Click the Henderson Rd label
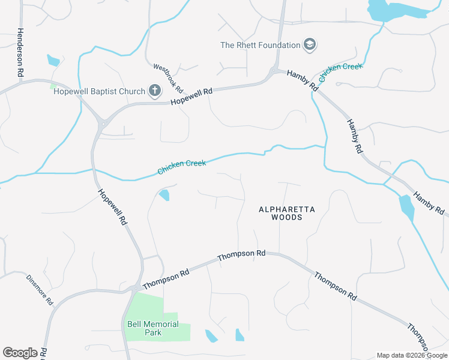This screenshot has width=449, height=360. [20, 52]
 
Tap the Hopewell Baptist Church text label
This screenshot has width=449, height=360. [100, 91]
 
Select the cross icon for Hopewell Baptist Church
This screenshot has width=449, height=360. [155, 91]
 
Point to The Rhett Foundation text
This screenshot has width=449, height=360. [260, 45]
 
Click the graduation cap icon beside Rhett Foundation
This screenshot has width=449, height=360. [310, 45]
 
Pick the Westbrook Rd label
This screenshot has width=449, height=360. [167, 77]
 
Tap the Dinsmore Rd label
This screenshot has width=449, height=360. [40, 289]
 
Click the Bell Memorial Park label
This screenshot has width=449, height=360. [153, 328]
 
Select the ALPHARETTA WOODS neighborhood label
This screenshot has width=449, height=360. [286, 213]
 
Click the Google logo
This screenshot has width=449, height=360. [20, 353]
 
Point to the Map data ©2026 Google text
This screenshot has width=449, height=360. [412, 355]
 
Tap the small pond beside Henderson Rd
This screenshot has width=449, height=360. [53, 60]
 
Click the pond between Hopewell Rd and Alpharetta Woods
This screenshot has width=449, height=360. [164, 194]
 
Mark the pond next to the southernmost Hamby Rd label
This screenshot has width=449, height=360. [406, 208]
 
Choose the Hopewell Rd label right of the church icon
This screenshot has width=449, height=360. [191, 97]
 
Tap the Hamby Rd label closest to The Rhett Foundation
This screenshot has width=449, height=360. [302, 80]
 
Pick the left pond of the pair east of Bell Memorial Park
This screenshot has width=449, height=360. [211, 336]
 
